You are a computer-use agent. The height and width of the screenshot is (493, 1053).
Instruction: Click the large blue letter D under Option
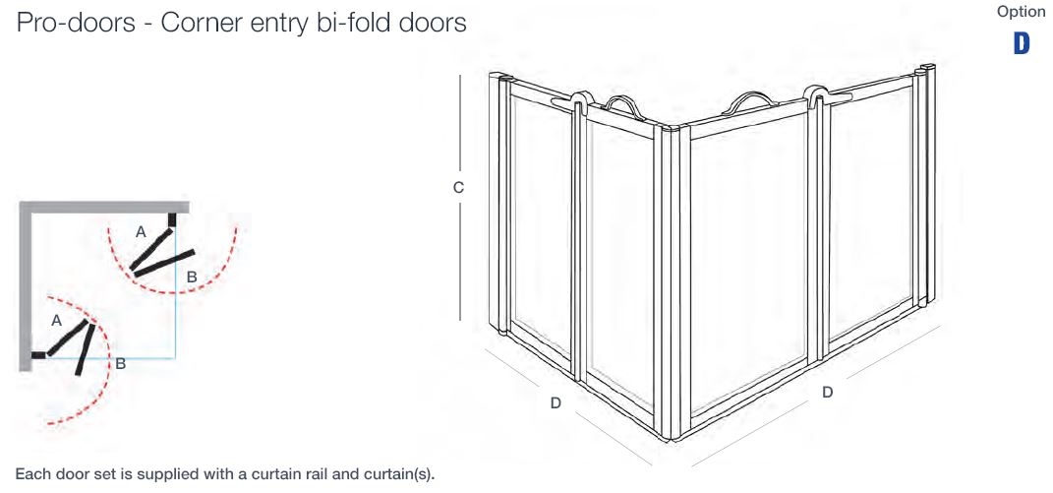(1022, 43)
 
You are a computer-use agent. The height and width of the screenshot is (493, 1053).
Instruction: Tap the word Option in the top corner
(1021, 12)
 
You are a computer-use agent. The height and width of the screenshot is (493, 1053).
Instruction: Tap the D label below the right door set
(827, 392)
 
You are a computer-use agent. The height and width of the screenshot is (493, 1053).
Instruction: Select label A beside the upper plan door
(141, 232)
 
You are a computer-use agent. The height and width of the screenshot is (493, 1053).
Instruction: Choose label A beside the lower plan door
(56, 321)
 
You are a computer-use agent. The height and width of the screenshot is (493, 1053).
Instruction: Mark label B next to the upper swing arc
(192, 277)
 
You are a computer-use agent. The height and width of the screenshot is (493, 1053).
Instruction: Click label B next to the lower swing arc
(120, 363)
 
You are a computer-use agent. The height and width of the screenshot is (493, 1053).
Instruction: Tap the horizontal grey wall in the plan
(98, 207)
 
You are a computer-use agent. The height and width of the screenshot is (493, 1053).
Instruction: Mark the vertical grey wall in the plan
(24, 285)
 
